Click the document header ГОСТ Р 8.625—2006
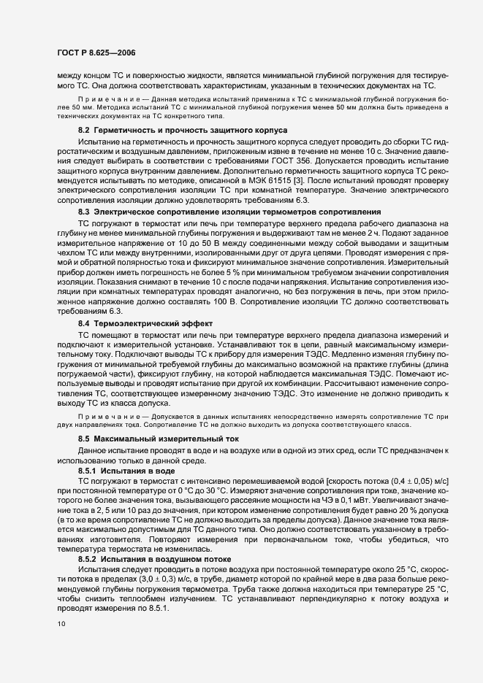(x=93, y=53)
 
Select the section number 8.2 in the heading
(x=83, y=129)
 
